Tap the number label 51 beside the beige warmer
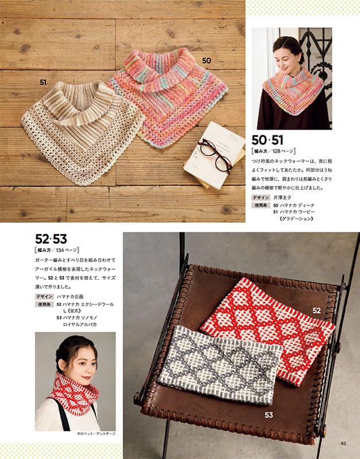click(43, 83)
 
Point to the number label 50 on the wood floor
click(207, 60)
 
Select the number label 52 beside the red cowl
click(316, 310)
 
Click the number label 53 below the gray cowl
click(269, 414)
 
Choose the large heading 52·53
click(51, 239)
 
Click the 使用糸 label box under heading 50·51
click(261, 205)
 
